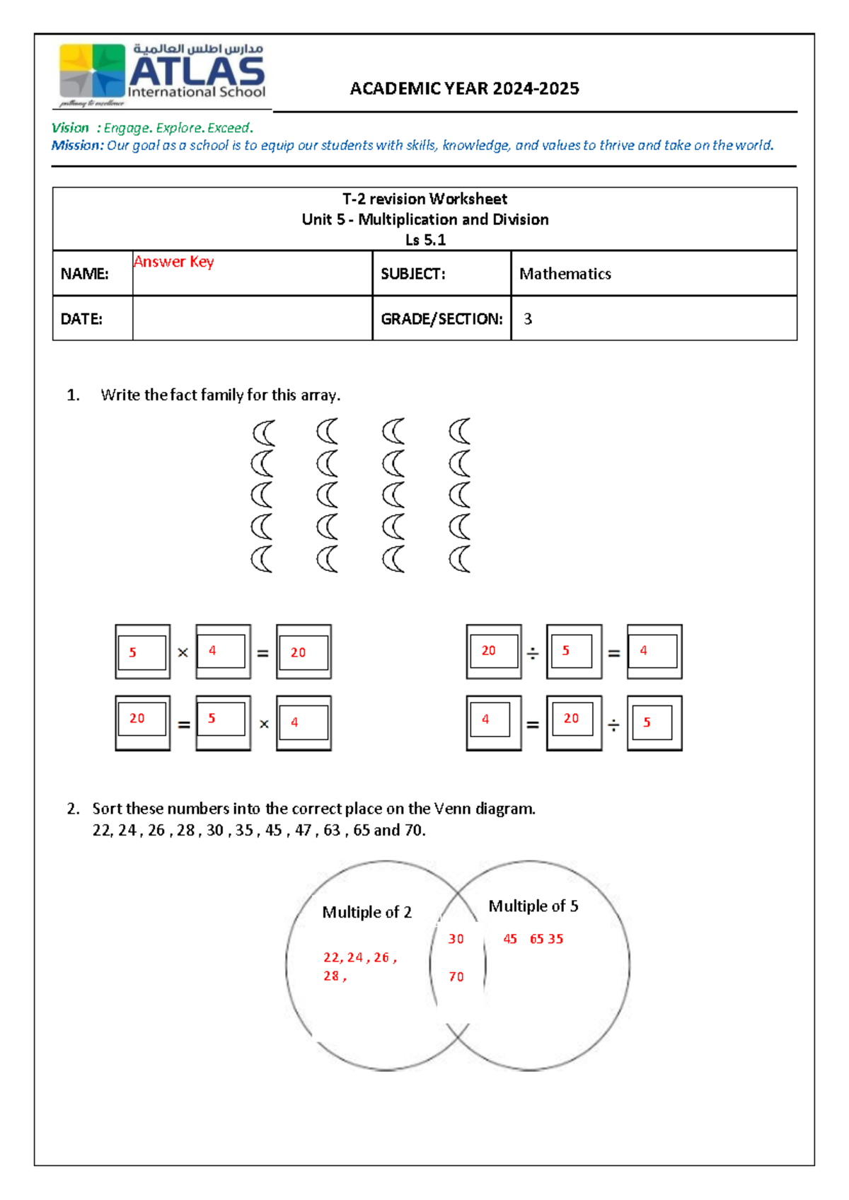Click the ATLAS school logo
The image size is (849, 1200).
(162, 74)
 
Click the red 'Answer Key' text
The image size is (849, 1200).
(173, 262)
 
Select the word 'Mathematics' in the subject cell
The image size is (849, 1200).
(565, 274)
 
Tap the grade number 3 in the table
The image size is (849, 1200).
(528, 319)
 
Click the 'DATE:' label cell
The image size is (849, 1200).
(82, 319)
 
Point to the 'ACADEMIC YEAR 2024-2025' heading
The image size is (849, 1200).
(464, 88)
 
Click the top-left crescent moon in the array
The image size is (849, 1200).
(263, 432)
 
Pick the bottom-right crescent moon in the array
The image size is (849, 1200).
(460, 559)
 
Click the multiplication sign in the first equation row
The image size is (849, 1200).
(183, 652)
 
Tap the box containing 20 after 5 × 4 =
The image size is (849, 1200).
(304, 652)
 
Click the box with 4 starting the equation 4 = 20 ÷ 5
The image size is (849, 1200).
(493, 722)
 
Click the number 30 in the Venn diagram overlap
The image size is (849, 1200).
(456, 939)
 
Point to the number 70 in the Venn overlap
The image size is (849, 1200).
(456, 977)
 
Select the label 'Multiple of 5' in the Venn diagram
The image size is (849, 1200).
(533, 906)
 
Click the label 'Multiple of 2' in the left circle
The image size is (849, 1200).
(366, 912)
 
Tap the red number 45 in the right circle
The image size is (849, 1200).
(510, 939)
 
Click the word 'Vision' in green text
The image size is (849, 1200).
(70, 128)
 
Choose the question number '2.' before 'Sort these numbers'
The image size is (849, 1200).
(73, 809)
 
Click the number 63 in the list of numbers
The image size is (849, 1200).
(331, 831)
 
